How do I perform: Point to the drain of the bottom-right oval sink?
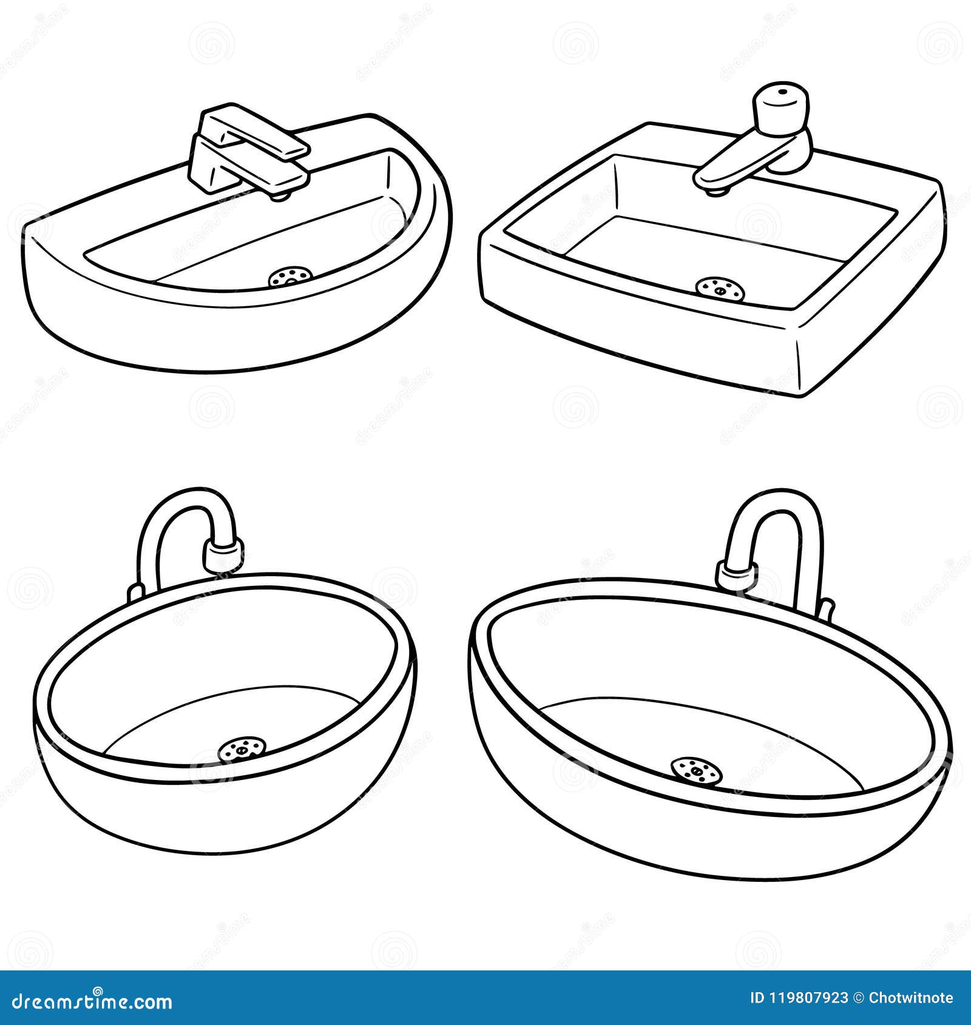tap(697, 771)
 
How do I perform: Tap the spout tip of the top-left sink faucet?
tap(280, 194)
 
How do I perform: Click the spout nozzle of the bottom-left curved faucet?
tap(223, 554)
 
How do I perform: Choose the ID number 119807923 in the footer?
tap(807, 998)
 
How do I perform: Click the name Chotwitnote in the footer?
tap(911, 998)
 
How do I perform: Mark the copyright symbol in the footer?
tap(858, 998)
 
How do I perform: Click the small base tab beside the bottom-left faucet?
tap(135, 591)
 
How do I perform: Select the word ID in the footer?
tap(758, 998)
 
